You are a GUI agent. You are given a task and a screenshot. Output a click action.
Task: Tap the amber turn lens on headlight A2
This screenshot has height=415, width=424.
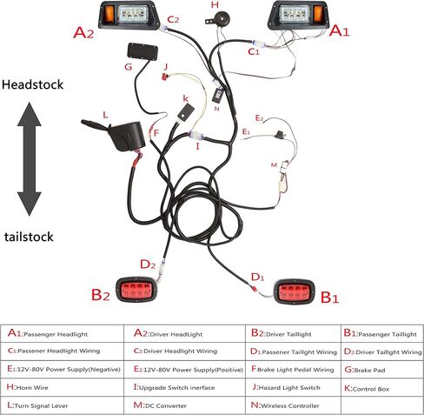click(x=110, y=14)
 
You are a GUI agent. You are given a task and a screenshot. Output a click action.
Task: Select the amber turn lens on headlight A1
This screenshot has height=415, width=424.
click(x=318, y=14)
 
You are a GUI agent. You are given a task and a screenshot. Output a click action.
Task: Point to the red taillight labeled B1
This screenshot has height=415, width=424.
click(x=294, y=291)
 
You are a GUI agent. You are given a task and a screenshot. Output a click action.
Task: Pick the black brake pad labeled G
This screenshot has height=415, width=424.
click(x=142, y=51)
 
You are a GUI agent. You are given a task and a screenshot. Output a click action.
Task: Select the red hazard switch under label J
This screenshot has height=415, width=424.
click(x=165, y=77)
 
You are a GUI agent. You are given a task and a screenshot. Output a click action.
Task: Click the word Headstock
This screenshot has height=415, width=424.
click(x=32, y=84)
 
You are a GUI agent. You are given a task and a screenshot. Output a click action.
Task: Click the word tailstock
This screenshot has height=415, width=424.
click(x=29, y=237)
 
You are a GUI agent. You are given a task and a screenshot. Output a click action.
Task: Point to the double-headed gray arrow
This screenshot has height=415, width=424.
click(x=30, y=159)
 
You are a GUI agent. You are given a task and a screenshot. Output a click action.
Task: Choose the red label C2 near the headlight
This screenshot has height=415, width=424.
click(x=173, y=20)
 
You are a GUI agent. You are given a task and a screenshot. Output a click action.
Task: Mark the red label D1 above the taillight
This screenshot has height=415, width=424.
click(x=257, y=277)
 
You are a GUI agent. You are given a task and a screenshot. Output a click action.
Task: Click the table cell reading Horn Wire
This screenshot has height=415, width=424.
click(x=62, y=387)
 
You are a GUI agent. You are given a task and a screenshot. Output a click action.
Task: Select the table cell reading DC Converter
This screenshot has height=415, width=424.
click(x=184, y=405)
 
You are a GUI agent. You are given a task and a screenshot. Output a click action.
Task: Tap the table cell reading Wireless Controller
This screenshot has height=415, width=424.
click(x=293, y=405)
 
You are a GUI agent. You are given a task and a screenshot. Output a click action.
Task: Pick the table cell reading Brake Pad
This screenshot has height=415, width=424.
click(x=382, y=369)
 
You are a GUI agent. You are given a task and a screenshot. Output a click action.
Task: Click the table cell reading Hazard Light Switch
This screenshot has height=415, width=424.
click(x=293, y=387)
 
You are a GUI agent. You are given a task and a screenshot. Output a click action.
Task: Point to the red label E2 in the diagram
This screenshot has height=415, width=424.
click(x=259, y=118)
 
